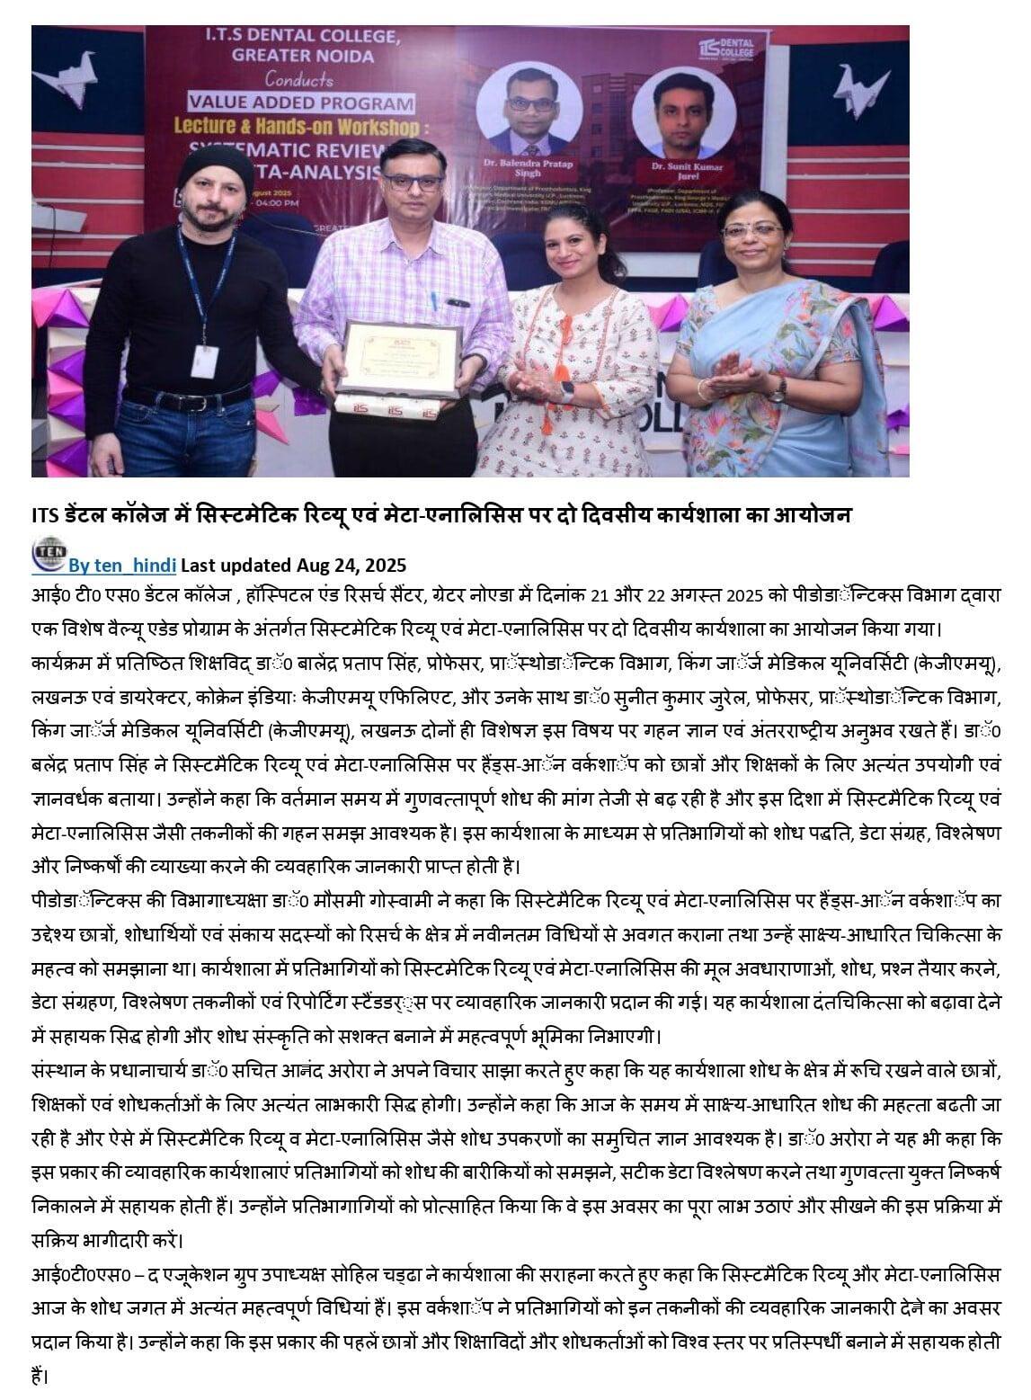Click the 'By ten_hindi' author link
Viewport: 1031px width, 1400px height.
pos(123,565)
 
